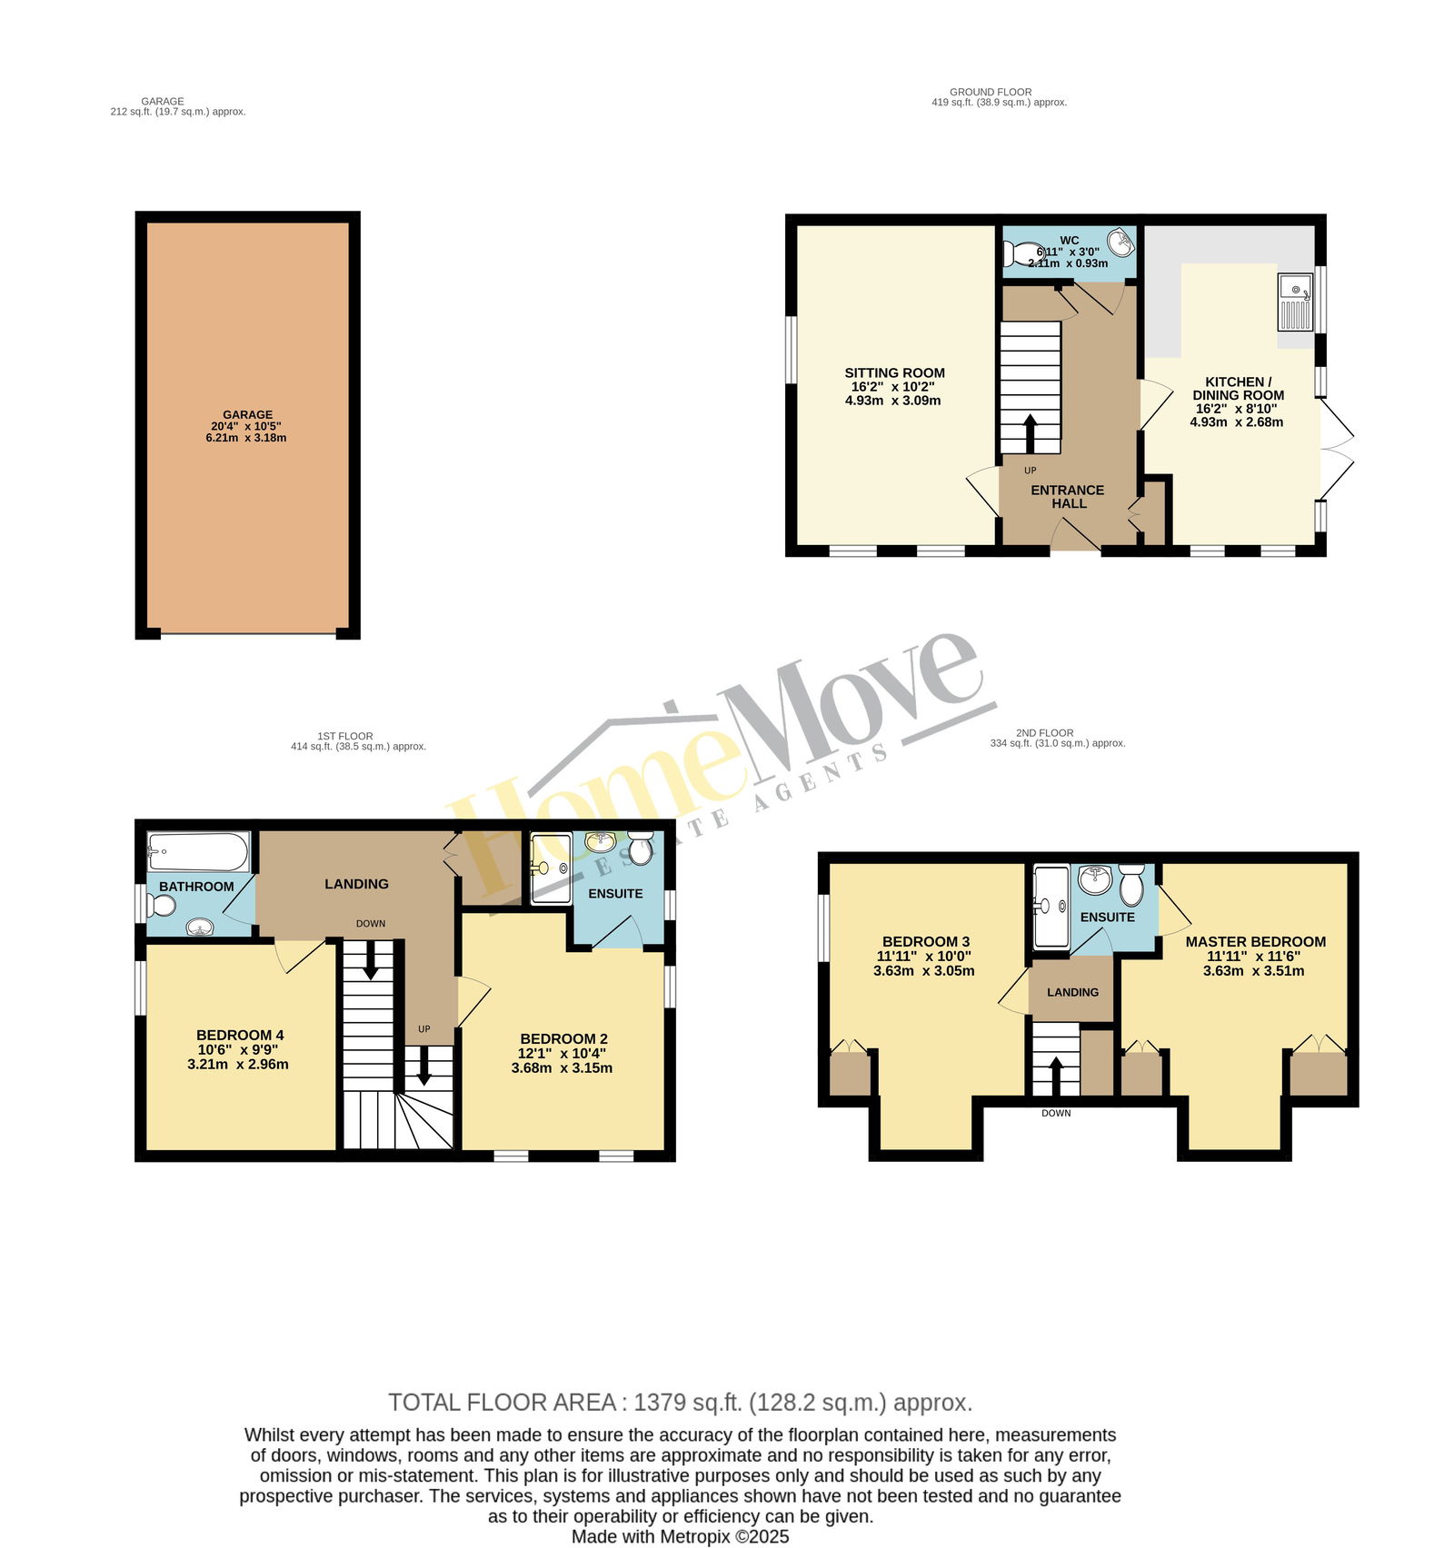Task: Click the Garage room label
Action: (x=247, y=414)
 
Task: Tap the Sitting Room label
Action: (x=894, y=372)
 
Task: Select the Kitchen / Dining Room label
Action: (x=1238, y=388)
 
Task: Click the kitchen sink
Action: (x=1296, y=303)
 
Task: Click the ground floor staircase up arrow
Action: (x=1030, y=434)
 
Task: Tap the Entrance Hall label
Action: (x=1068, y=496)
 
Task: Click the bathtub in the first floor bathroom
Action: (x=198, y=852)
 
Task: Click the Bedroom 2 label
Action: (x=563, y=1038)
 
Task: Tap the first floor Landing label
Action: (x=356, y=884)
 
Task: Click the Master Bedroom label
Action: (x=1255, y=941)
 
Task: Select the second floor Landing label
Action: (x=1072, y=992)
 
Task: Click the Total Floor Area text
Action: (x=681, y=1403)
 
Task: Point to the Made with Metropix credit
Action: (x=680, y=1537)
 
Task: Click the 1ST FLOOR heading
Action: (x=344, y=736)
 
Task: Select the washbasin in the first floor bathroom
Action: (x=199, y=927)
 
